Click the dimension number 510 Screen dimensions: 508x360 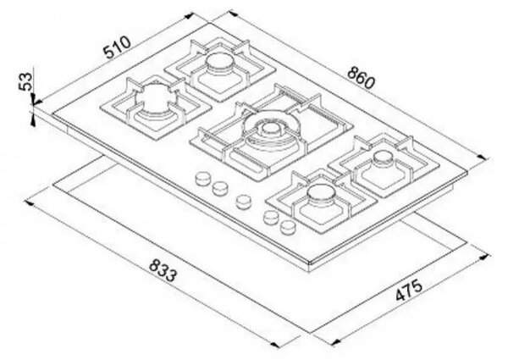click(x=117, y=47)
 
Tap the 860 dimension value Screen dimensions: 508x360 click(x=361, y=78)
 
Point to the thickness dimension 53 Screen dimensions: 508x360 click(x=26, y=81)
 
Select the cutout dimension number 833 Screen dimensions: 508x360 click(x=163, y=270)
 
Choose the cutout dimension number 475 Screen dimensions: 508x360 click(x=409, y=290)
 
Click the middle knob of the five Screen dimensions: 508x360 click(x=243, y=202)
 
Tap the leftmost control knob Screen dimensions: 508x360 click(x=203, y=179)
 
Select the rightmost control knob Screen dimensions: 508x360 click(x=287, y=227)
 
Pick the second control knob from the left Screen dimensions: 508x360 click(x=220, y=188)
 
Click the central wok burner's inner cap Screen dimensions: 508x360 click(x=269, y=129)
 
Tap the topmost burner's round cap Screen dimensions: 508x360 click(x=220, y=60)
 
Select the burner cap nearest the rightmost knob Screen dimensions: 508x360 click(x=320, y=192)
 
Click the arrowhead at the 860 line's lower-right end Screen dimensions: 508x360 click(x=483, y=158)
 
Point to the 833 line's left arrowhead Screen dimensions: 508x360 click(x=29, y=203)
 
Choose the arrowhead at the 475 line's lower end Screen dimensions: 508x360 click(x=335, y=341)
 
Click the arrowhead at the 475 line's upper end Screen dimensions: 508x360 click(x=484, y=257)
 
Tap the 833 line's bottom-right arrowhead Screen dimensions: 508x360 click(x=275, y=345)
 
